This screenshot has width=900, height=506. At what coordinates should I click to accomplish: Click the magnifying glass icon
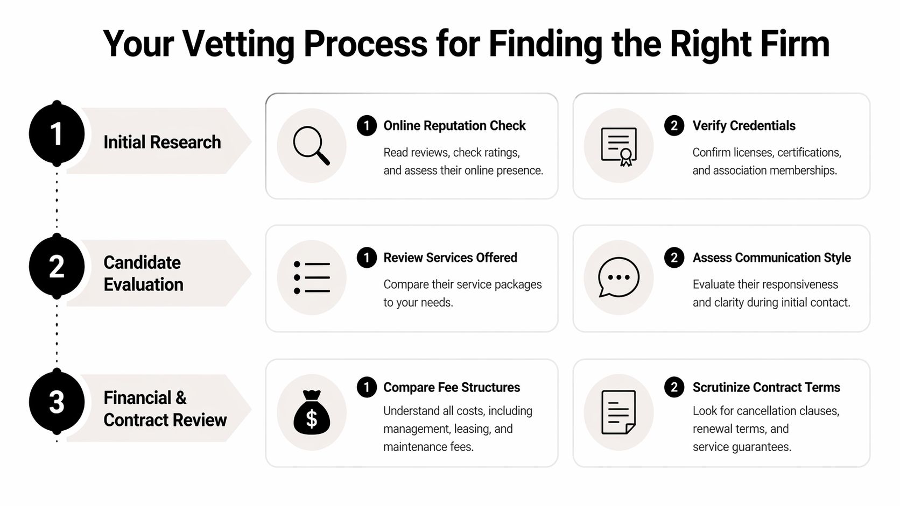(311, 145)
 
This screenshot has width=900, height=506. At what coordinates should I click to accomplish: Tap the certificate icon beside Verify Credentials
(618, 146)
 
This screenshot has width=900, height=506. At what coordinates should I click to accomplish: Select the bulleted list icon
(312, 277)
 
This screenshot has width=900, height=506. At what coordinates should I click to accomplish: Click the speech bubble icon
(618, 277)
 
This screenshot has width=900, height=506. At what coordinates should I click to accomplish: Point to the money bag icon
(312, 412)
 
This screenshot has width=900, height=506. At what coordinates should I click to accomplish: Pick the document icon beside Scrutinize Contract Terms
(618, 412)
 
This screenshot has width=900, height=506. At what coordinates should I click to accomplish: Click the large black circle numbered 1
(57, 133)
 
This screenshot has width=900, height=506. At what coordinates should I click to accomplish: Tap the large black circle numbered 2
(57, 267)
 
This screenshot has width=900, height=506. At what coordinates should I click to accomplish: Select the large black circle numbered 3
(57, 402)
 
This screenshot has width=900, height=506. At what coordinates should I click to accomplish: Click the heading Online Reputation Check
(454, 126)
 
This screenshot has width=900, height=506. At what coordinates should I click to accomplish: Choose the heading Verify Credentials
(743, 126)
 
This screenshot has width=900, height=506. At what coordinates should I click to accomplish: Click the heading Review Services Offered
(449, 258)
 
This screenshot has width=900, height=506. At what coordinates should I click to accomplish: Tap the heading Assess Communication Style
(771, 258)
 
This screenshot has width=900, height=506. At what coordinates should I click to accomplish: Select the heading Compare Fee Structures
(451, 387)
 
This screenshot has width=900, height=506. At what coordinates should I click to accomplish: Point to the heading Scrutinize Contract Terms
(766, 387)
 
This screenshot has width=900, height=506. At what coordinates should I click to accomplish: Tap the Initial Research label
(162, 142)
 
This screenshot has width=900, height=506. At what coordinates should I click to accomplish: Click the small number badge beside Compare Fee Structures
(367, 387)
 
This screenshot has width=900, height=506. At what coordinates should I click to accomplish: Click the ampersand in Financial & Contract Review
(181, 398)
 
